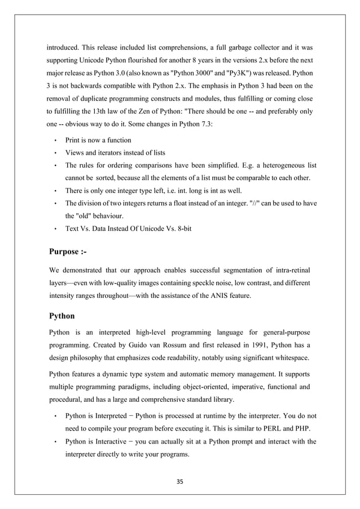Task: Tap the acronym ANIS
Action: pyautogui.click(x=222, y=295)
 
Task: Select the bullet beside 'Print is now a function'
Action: pyautogui.click(x=55, y=140)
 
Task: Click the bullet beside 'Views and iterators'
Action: pyautogui.click(x=55, y=152)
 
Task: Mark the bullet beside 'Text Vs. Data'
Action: pyautogui.click(x=55, y=229)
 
